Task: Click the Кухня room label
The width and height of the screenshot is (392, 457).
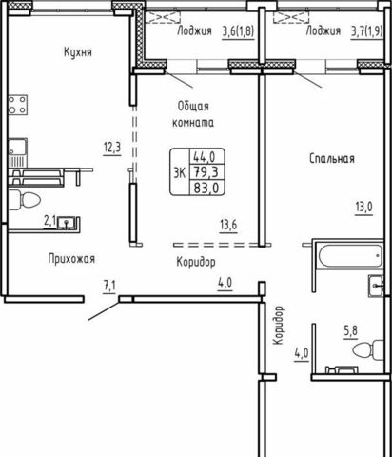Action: coord(78,51)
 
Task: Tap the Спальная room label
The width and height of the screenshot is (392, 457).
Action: coord(332,158)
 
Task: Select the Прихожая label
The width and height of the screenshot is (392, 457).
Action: coord(71,259)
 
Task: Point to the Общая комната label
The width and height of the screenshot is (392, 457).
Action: coord(193,114)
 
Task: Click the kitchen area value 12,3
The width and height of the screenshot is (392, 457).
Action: coord(112,148)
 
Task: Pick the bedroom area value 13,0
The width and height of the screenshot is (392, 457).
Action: coord(363,208)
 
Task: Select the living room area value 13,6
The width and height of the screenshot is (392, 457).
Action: coord(228,225)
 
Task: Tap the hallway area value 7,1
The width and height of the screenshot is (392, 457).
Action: coord(109,286)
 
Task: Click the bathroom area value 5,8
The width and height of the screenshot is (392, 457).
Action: coord(350,331)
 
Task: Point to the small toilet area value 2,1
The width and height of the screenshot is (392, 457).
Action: coord(49,221)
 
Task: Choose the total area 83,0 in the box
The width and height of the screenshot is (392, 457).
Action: coord(206,188)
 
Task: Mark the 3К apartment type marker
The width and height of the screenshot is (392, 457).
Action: coord(180,173)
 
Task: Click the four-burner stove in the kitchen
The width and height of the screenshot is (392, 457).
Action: coord(17,105)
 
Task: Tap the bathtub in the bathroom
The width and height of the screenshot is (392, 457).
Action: coord(350,256)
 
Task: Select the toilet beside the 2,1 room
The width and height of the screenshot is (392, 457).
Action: coord(24,200)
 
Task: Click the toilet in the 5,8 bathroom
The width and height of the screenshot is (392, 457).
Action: coord(368,350)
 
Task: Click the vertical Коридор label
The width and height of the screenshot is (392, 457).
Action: coord(278,326)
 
